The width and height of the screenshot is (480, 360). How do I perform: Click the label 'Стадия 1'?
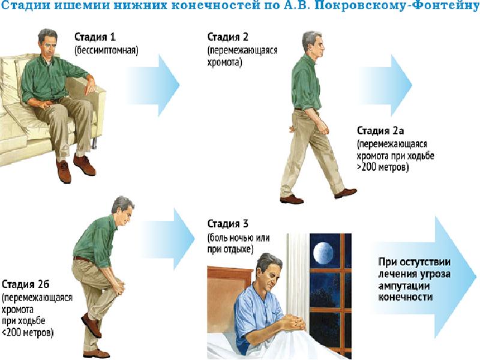[x=95, y=37]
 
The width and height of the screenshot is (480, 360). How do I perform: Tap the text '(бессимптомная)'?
[x=106, y=50]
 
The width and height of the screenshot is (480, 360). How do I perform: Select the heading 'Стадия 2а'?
[x=380, y=131]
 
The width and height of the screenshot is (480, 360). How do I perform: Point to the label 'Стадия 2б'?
[x=25, y=284]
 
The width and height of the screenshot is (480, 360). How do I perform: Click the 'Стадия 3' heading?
[x=228, y=224]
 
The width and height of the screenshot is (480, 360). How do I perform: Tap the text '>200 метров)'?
[x=383, y=167]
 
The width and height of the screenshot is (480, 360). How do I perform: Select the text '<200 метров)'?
[x=28, y=332]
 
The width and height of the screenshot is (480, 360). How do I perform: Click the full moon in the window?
[x=324, y=253]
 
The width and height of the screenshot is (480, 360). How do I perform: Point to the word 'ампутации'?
[x=404, y=286]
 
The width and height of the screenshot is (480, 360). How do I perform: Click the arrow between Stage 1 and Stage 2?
[x=153, y=85]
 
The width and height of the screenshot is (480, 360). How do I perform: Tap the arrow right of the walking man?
[x=386, y=85]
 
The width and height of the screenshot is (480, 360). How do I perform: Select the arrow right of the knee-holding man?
[x=168, y=239]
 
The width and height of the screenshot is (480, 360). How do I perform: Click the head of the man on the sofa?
[x=48, y=42]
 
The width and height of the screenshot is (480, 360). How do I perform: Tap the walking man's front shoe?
[x=346, y=193]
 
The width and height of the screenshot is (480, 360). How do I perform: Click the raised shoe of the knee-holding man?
[x=92, y=325]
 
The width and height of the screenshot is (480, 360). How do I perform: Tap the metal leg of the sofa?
[x=95, y=143]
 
